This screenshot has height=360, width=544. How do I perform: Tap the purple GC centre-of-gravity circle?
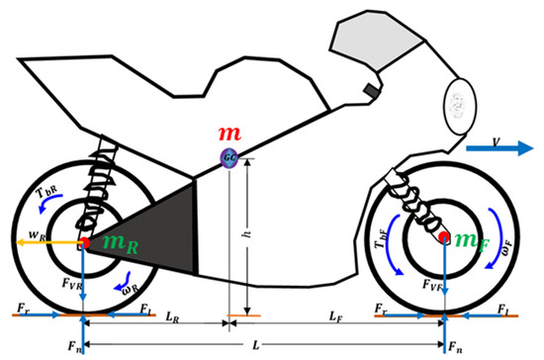pos(229,156)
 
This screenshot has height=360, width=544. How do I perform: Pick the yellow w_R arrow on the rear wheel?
pos(49,240)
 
